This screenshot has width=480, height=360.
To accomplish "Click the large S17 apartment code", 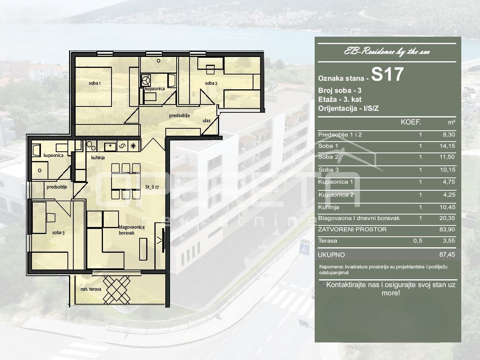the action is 387,74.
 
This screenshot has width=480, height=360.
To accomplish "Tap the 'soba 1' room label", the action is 95,83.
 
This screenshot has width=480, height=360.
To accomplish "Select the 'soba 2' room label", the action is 211,83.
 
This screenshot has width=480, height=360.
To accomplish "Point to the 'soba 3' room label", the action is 58,233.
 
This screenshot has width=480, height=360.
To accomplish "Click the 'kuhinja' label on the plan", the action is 98,158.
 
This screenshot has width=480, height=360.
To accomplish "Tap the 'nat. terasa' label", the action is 91,289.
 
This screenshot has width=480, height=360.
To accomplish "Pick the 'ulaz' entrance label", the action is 207,121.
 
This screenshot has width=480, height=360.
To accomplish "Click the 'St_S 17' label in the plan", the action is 152,187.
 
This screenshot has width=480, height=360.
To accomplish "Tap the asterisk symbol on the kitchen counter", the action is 133,146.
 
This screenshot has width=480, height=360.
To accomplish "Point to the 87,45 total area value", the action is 447,254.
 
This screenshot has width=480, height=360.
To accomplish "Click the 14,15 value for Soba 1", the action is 447,146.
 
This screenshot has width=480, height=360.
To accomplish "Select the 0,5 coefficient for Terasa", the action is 418,241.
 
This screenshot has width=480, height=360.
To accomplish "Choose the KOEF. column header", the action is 411,122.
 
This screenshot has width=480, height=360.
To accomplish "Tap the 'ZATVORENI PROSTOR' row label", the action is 352,229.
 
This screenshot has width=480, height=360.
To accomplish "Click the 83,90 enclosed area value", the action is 447,229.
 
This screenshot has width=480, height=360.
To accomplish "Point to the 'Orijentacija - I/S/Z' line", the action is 348,108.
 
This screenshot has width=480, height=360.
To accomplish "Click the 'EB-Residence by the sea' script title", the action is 387,52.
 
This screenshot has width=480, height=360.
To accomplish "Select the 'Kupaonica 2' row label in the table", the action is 336,195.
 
